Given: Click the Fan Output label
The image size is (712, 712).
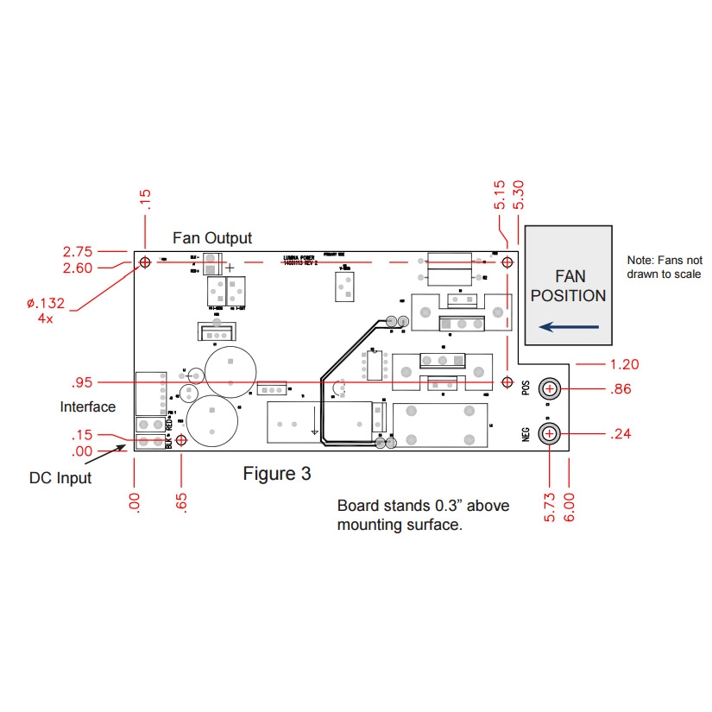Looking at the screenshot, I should [212, 237].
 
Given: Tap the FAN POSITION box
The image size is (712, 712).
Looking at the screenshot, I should [568, 286].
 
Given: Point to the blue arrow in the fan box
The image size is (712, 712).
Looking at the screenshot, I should [568, 326].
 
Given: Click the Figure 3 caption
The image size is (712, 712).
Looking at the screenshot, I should [276, 473].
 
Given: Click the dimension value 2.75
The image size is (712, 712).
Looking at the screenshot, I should [78, 251].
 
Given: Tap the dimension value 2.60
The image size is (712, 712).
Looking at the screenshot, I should [78, 268].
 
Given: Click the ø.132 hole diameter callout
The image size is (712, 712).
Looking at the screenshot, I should [46, 303].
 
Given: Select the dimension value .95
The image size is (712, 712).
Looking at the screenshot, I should [83, 381].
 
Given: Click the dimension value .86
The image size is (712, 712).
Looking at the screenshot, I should [621, 389].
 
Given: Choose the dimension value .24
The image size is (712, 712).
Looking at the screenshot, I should [621, 433].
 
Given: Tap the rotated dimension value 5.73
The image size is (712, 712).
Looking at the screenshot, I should [550, 505].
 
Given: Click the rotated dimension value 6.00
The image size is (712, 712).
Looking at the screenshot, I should [569, 505].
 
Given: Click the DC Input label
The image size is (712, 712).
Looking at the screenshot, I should [60, 477].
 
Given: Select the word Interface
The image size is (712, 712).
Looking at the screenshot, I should [87, 406].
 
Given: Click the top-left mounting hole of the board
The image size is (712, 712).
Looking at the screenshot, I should [145, 261].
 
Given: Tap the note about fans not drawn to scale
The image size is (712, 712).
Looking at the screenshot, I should [664, 267].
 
